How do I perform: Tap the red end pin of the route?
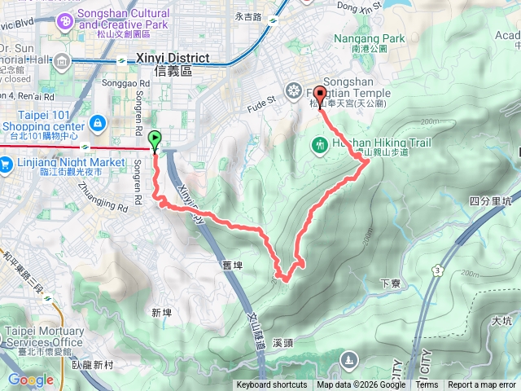[318, 94]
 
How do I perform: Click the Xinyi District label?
[173, 59]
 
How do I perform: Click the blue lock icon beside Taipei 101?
[98, 123]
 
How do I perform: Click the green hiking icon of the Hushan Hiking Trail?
[319, 144]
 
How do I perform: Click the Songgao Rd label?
[127, 83]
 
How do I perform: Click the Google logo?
[30, 380]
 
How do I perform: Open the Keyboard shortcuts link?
[271, 385]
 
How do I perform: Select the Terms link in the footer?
[427, 385]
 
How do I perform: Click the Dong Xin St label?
[358, 8]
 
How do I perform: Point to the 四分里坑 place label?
[490, 200]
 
